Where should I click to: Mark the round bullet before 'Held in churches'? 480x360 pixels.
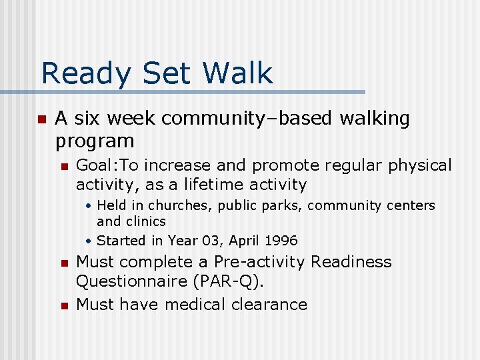89,206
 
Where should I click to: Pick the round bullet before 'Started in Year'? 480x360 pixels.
89,241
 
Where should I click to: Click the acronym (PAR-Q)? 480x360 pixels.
229,281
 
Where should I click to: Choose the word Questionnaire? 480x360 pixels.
130,281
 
